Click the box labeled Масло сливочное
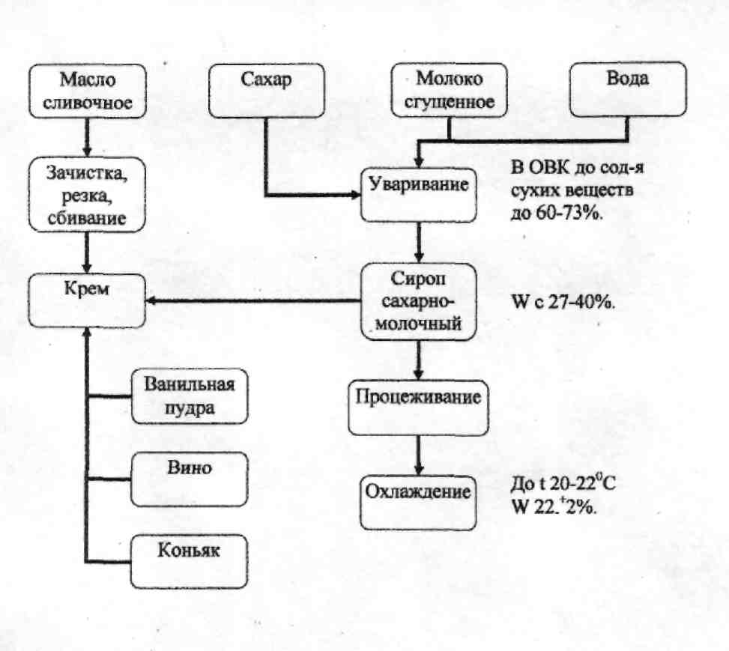pyautogui.click(x=88, y=91)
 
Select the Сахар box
pyautogui.click(x=267, y=91)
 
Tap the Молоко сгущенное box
pyautogui.click(x=449, y=90)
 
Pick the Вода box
pyautogui.click(x=628, y=89)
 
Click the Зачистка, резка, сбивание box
pyautogui.click(x=87, y=194)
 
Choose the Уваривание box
pyautogui.click(x=419, y=195)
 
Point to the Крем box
pyautogui.click(x=87, y=301)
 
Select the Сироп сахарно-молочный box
pyautogui.click(x=419, y=301)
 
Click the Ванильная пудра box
pyautogui.click(x=190, y=396)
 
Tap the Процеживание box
pyautogui.click(x=418, y=408)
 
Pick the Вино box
pyautogui.click(x=190, y=479)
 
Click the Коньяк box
pyautogui.click(x=190, y=562)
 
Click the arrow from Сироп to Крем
pyautogui.click(x=253, y=301)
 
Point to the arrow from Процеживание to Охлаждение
pyautogui.click(x=418, y=455)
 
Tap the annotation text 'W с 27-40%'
pyautogui.click(x=563, y=302)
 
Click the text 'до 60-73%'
pyautogui.click(x=557, y=213)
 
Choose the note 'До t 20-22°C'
pyautogui.click(x=563, y=483)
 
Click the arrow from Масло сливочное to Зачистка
pyautogui.click(x=87, y=138)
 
